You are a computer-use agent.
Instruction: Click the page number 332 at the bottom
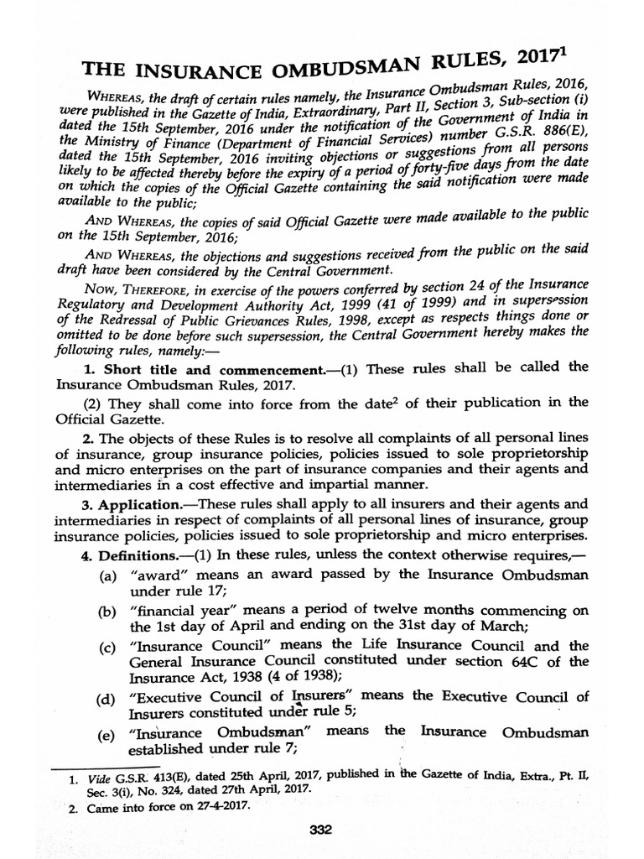pos(322,830)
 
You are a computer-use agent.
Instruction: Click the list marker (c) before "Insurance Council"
pos(106,647)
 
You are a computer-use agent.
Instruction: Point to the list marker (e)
pos(106,735)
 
